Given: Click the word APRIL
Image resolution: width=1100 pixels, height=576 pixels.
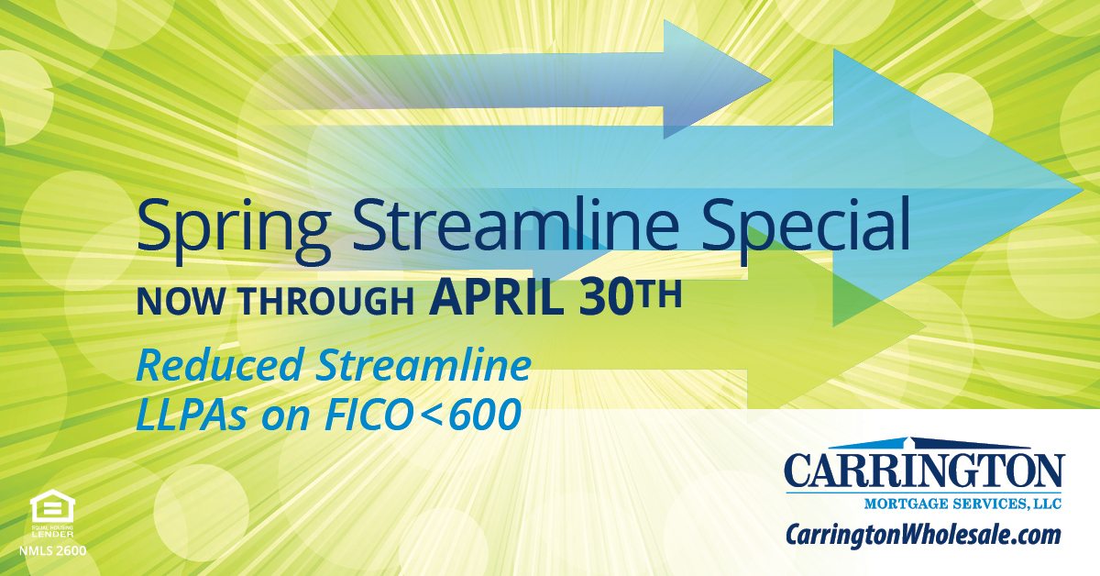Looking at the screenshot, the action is coord(497,298).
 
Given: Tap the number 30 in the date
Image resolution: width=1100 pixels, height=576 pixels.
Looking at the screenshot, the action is coord(605,298).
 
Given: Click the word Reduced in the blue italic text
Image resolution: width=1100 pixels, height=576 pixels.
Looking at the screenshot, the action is coord(219,365).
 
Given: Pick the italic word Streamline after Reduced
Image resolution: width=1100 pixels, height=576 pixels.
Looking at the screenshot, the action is coord(423,365).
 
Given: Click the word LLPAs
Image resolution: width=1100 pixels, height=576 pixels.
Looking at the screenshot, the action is coord(192,415).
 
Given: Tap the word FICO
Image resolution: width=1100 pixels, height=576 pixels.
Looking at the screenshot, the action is coord(368,415).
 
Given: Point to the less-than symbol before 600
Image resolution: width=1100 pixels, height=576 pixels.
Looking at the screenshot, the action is coord(431,415).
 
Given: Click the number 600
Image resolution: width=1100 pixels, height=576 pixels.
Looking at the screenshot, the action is coord(484,415).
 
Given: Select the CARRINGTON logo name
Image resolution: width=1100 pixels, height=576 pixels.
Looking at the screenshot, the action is coord(924,471).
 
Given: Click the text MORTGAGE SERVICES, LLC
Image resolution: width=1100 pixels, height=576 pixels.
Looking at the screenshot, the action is coord(963,504).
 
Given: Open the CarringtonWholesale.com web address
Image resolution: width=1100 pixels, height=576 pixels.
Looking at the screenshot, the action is coord(923,535).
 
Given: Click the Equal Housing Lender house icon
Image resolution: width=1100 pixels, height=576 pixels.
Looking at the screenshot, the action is coord(52,506).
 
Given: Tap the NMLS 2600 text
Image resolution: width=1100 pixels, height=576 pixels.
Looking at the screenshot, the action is coord(52,551).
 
